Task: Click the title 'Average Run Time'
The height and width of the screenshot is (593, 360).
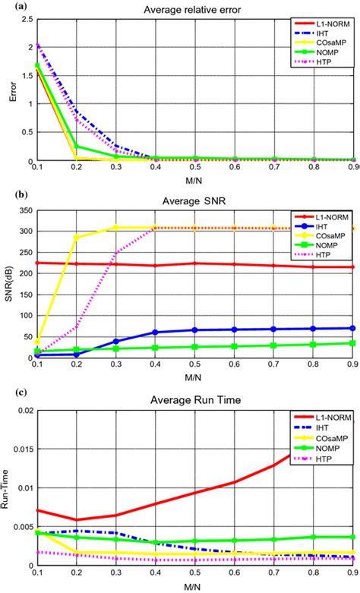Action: [x=196, y=401]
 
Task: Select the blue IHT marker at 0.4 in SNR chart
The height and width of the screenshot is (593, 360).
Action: [x=155, y=332]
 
